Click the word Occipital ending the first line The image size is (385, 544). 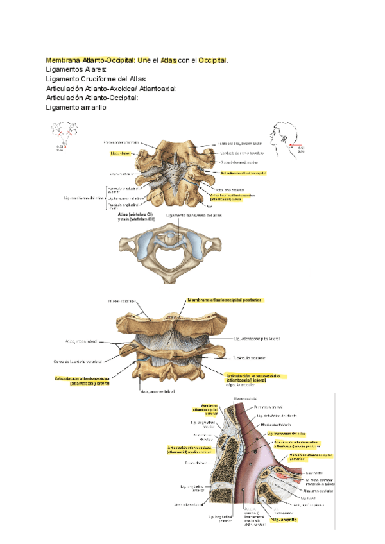213,60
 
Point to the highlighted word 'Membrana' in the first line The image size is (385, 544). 67,60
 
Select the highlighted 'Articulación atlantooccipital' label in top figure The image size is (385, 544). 243,173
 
